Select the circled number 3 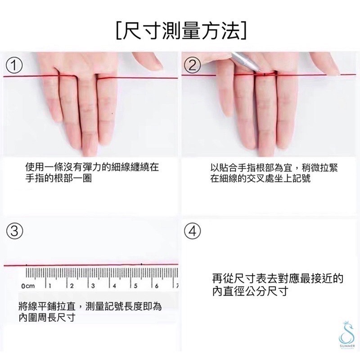pos(14,231)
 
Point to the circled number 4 pos(192,231)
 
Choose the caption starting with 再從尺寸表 pos(278,285)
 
